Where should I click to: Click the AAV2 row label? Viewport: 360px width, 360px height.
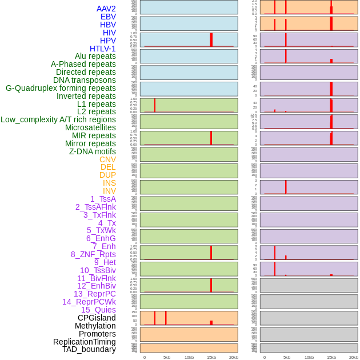pyautogui.click(x=106, y=9)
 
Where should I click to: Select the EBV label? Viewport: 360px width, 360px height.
pyautogui.click(x=108, y=17)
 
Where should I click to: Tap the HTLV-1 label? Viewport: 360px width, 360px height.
pyautogui.click(x=102, y=49)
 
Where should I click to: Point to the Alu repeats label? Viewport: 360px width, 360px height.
pyautogui.click(x=95, y=56)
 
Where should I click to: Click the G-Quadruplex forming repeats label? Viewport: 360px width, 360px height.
pyautogui.click(x=61, y=88)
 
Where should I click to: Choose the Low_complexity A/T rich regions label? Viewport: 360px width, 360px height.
pyautogui.click(x=58, y=119)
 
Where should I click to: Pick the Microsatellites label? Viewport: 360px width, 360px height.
pyautogui.click(x=90, y=127)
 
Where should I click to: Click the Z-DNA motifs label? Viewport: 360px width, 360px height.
pyautogui.click(x=93, y=151)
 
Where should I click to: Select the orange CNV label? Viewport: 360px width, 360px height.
pyautogui.click(x=107, y=159)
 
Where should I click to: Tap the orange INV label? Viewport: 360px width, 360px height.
pyautogui.click(x=109, y=191)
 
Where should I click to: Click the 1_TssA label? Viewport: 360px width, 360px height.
pyautogui.click(x=103, y=199)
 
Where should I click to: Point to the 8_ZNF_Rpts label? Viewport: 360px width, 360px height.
pyautogui.click(x=93, y=254)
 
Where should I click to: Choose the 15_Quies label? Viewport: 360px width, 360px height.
pyautogui.click(x=98, y=310)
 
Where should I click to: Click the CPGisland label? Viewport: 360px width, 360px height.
pyautogui.click(x=97, y=318)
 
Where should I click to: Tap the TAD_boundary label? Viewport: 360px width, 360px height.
pyautogui.click(x=89, y=349)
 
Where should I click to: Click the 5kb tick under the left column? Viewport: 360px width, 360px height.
pyautogui.click(x=167, y=357)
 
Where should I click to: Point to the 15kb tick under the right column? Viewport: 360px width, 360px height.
pyautogui.click(x=331, y=357)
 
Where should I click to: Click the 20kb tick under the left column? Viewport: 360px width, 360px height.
pyautogui.click(x=234, y=357)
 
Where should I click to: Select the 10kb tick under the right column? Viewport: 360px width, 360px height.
pyautogui.click(x=309, y=357)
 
